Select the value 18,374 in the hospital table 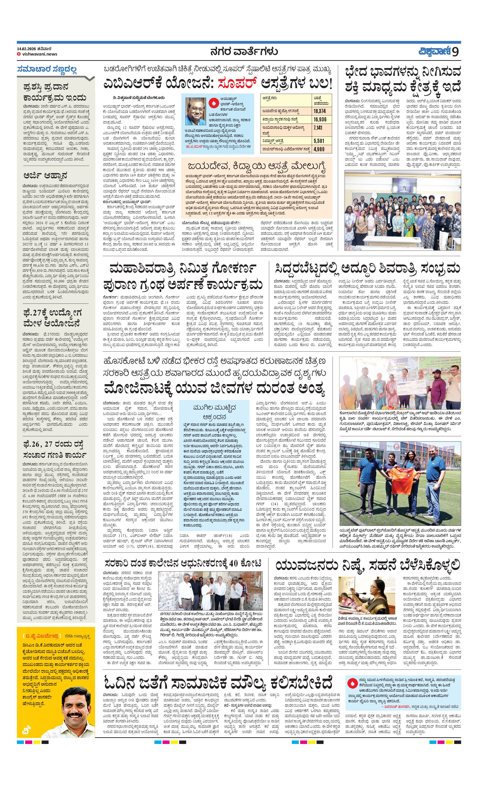319,111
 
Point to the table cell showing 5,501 319,141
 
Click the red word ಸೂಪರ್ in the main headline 237,84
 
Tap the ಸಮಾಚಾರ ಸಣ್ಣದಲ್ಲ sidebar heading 47,69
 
